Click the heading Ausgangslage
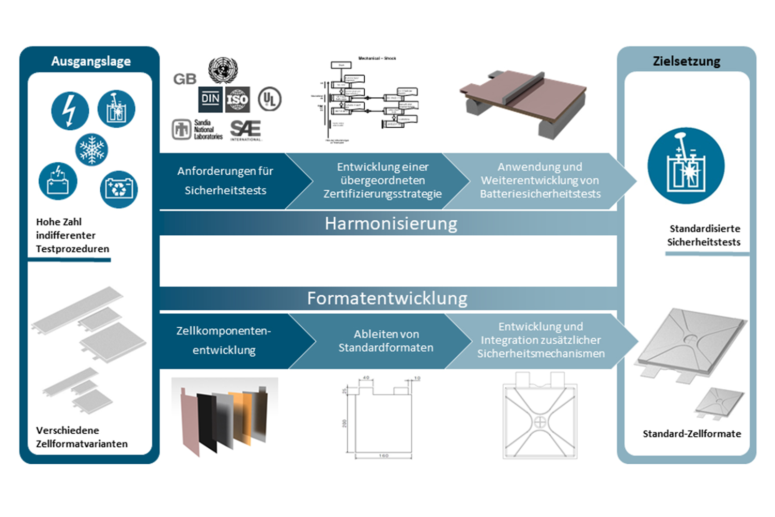coord(91,61)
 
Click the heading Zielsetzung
coord(686,61)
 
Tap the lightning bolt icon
coord(70,111)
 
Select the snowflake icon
coord(91,150)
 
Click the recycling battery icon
coord(119,189)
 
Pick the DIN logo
coord(210,99)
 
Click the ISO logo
coord(238,99)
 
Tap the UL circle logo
coord(269,98)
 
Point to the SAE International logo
coord(246,130)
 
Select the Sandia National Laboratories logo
coord(197,129)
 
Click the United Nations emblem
coord(223,70)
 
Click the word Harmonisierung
coord(391,223)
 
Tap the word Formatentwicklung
coord(387,298)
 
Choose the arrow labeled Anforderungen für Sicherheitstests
coord(225,181)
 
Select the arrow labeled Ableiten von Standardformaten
coord(385,341)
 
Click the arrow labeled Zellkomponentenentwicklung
coord(224,341)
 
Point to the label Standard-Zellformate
coord(691,434)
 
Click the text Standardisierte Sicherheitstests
coord(704,235)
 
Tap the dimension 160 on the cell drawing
coord(383,455)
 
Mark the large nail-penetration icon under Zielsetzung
coord(686,165)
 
